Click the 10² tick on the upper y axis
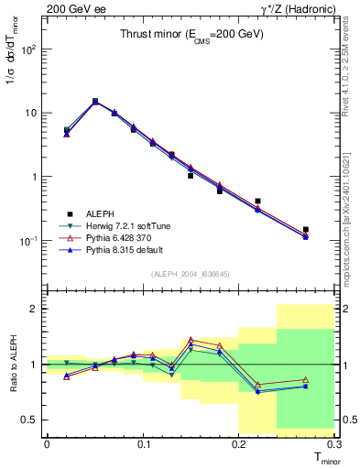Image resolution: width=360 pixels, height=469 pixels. coord(27,49)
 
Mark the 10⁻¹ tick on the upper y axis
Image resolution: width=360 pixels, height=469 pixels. coord(27,240)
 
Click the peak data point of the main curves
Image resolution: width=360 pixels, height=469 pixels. coord(95,102)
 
